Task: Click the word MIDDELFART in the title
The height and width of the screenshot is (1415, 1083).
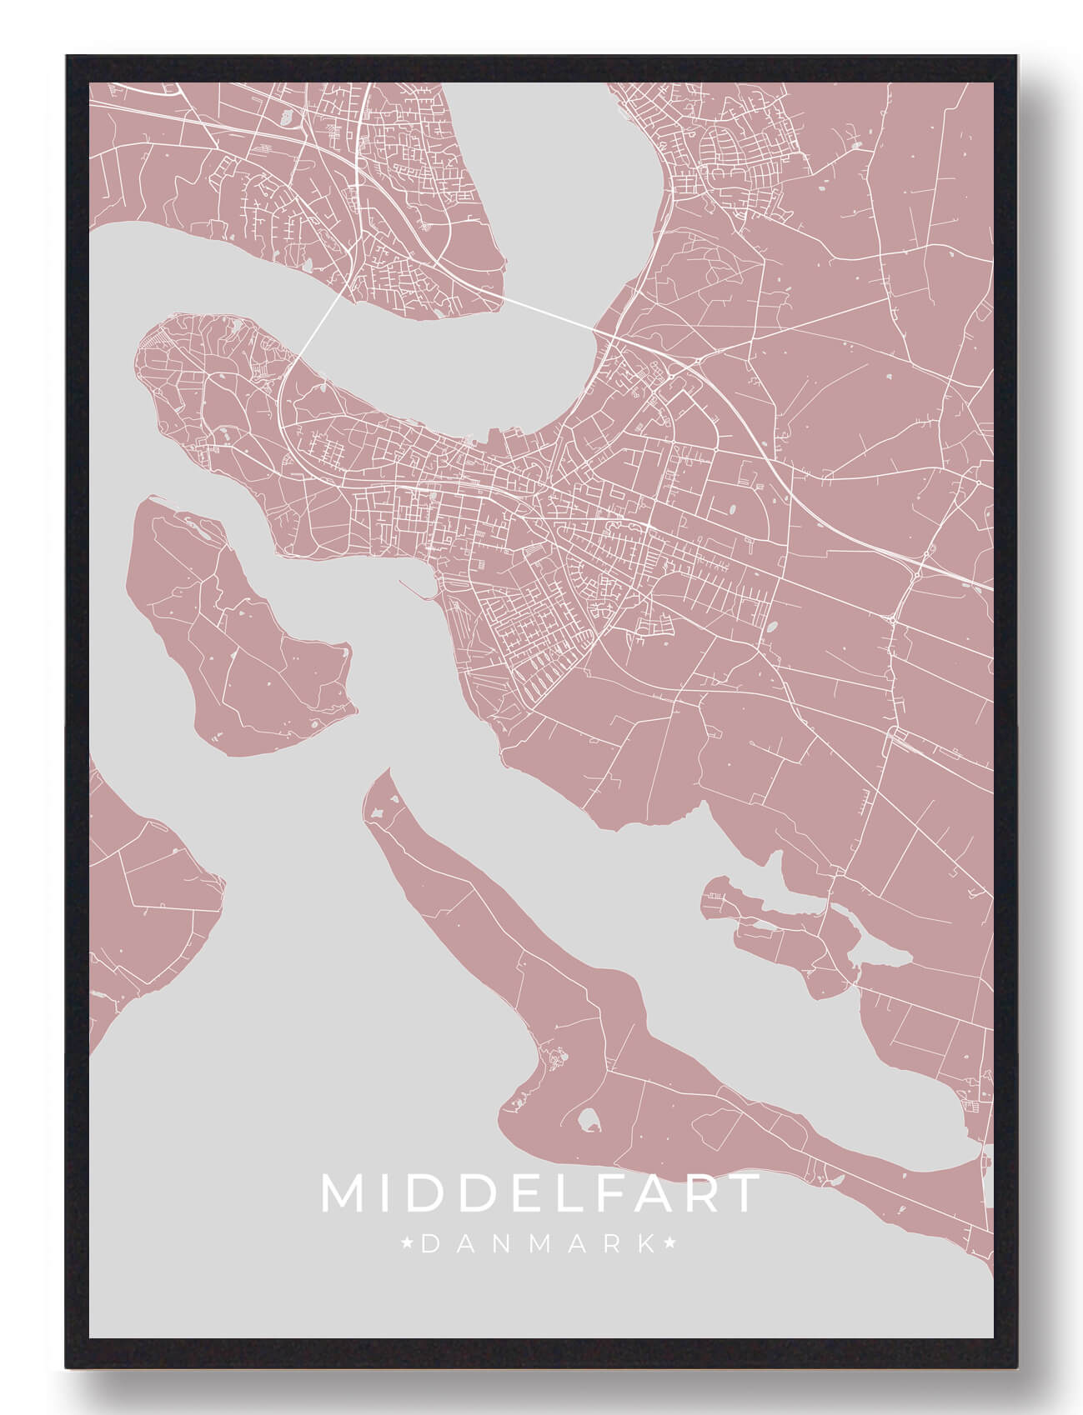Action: coord(541,1194)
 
